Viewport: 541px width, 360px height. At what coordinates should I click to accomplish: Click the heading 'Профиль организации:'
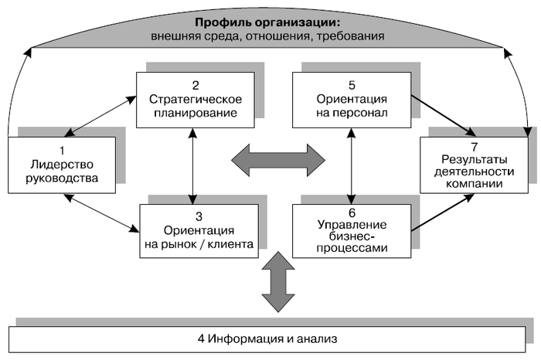tap(268, 22)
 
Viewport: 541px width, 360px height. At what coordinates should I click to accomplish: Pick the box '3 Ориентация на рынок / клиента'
tap(197, 230)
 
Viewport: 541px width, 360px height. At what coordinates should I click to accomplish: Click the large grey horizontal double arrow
tap(279, 159)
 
